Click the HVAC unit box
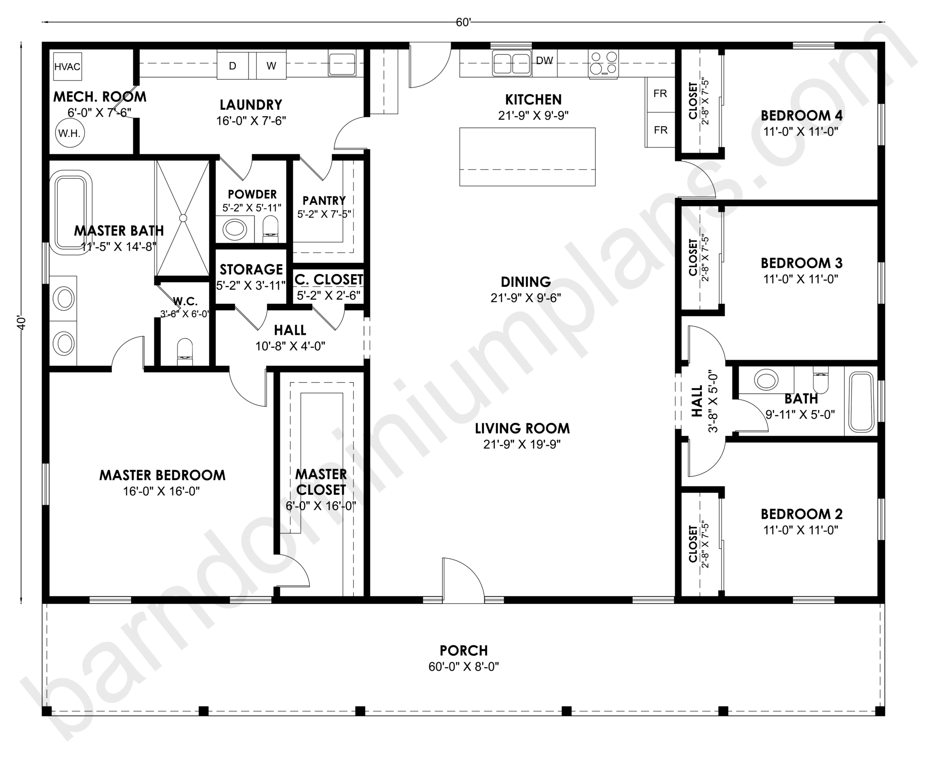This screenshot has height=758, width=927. click(x=67, y=66)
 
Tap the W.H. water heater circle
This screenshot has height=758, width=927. click(x=70, y=133)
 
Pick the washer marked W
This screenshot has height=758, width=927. click(x=271, y=66)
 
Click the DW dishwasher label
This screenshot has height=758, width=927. click(x=544, y=61)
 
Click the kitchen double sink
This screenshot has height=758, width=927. click(x=512, y=63)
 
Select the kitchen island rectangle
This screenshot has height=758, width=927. click(x=527, y=156)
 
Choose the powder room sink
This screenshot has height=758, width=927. click(x=234, y=229)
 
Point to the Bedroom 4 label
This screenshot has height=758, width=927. click(x=802, y=115)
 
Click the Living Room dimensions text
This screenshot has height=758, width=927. click(x=522, y=444)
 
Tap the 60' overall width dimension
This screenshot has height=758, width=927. click(x=464, y=23)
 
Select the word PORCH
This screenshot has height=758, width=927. click(x=464, y=650)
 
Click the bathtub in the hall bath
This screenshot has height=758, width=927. click(x=861, y=401)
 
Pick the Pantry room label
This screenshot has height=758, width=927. click(x=324, y=200)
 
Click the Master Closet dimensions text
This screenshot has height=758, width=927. click(x=321, y=506)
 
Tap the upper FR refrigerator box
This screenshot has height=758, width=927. click(x=660, y=94)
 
